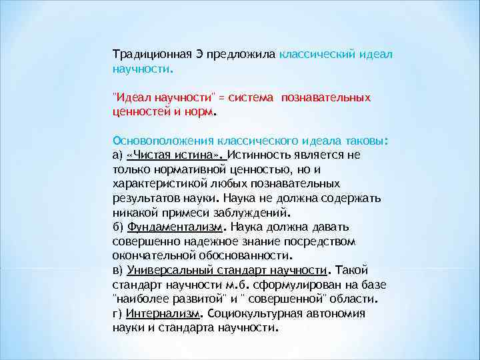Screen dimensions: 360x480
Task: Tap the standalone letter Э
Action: pos(199,54)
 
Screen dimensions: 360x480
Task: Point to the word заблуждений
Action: pos(258,213)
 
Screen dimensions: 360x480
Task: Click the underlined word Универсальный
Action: pos(163,270)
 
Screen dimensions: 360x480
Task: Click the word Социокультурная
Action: pos(247,313)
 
